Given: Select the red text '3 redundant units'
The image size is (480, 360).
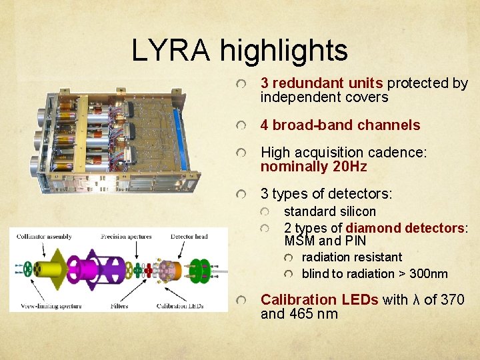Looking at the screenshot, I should point(321,83).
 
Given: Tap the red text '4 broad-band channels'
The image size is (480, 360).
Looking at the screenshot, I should point(340,125).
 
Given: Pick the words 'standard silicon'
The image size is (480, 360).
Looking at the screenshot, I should point(330,211).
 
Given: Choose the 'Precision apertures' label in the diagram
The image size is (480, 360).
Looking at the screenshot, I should point(126,236).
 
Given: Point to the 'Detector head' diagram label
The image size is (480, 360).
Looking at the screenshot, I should point(189,236).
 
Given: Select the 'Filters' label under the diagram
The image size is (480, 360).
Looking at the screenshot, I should point(120,306).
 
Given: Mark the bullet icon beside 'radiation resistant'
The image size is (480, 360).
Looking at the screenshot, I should point(288,257).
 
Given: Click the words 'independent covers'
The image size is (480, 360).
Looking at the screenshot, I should point(324,97).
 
